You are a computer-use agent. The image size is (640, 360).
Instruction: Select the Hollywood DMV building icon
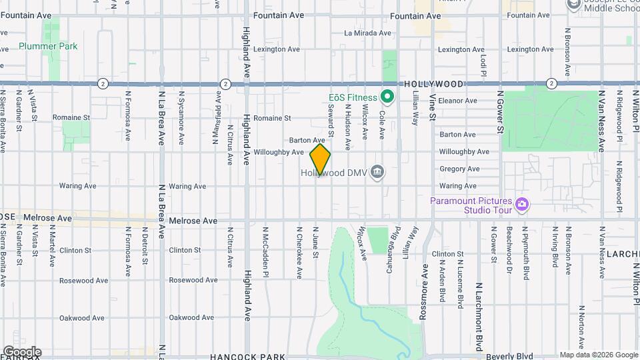pyautogui.click(x=377, y=172)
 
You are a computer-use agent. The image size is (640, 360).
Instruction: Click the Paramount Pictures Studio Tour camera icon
pyautogui.click(x=522, y=205)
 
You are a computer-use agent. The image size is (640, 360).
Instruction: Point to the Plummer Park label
pyautogui.click(x=48, y=46)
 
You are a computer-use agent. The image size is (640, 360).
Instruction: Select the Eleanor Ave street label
pyautogui.click(x=458, y=101)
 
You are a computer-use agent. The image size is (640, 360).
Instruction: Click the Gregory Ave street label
pyautogui.click(x=459, y=169)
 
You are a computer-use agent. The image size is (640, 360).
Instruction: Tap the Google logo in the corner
pyautogui.click(x=21, y=352)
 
